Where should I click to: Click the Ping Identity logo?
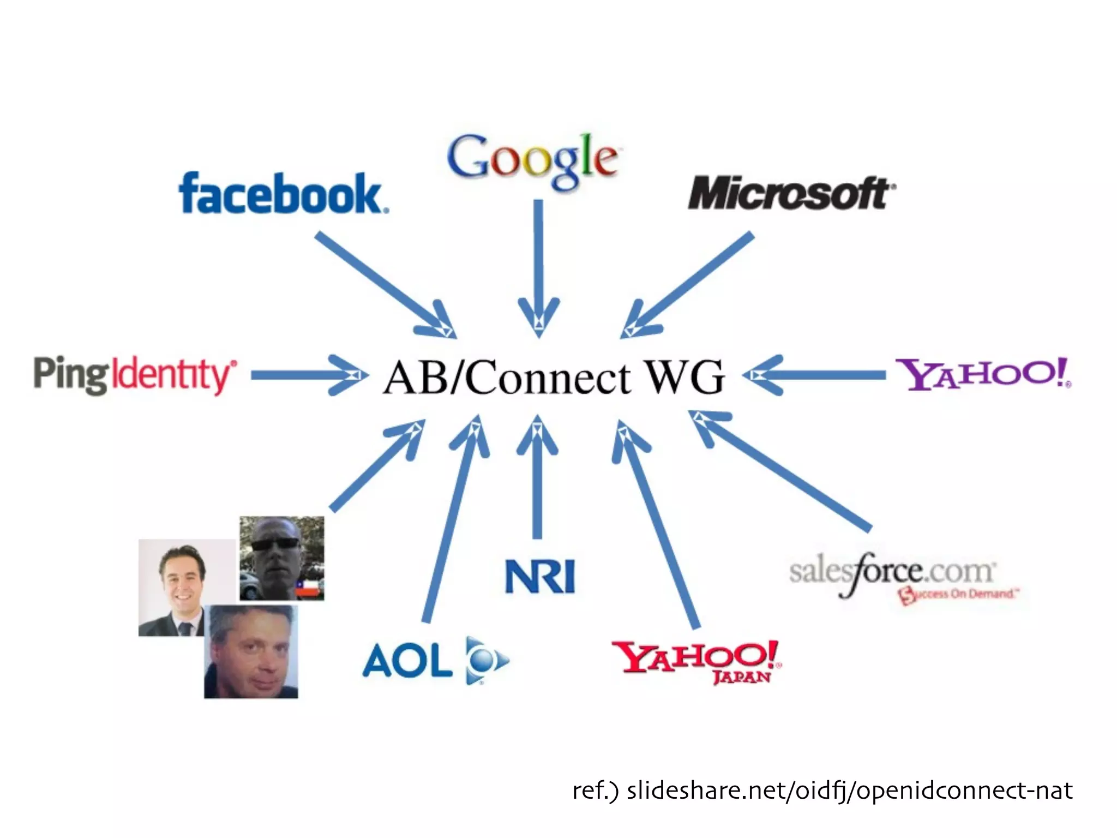(135, 375)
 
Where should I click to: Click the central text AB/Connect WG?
(553, 376)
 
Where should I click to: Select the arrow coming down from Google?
(538, 262)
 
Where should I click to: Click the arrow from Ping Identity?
(305, 375)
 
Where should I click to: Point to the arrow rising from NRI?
(538, 475)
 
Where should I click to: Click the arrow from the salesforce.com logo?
(780, 469)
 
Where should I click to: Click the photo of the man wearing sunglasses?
(281, 558)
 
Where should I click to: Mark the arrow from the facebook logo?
(382, 282)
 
